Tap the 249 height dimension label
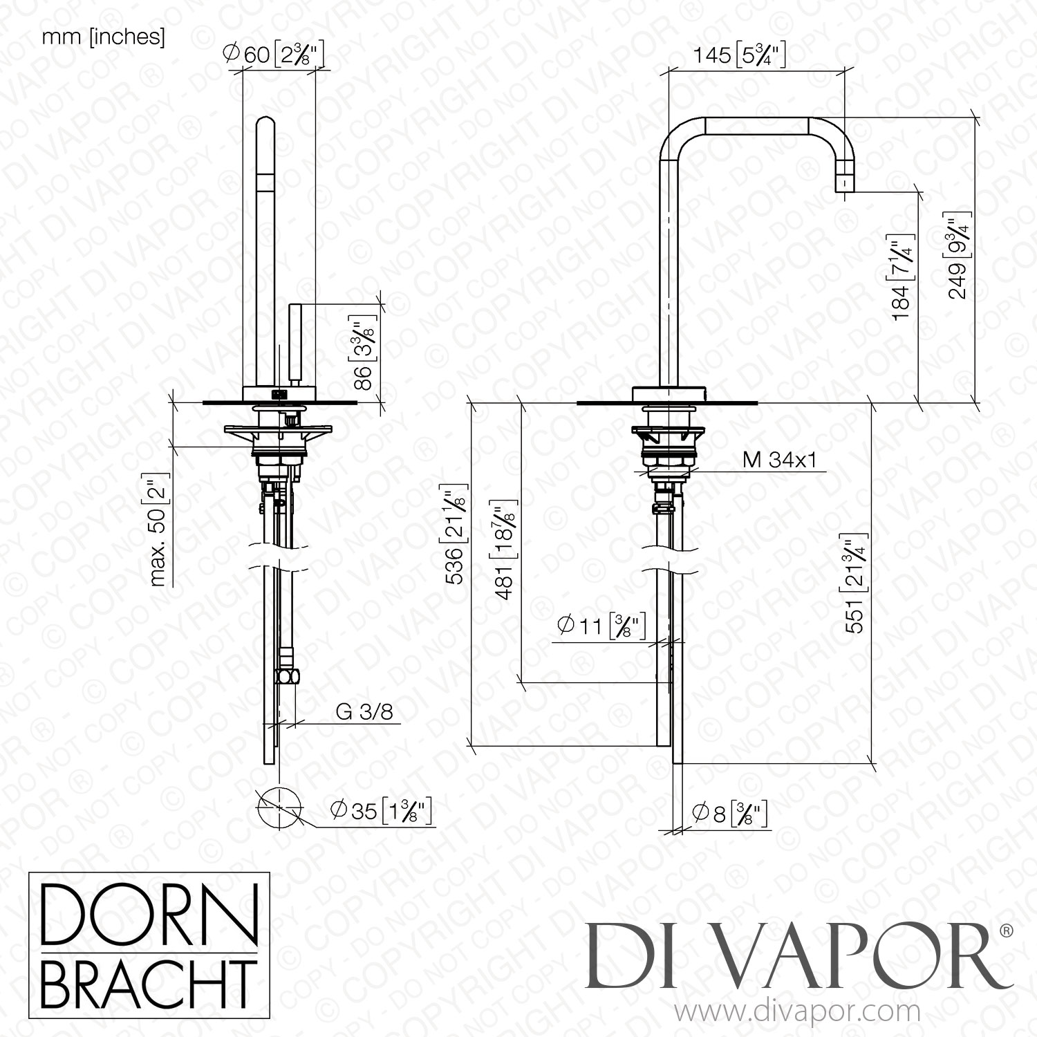pos(957,258)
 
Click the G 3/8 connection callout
pos(368,712)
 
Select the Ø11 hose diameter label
pos(600,625)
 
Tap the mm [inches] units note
pos(104,37)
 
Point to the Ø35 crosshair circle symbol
pos(280,807)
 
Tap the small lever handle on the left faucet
pos(296,342)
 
